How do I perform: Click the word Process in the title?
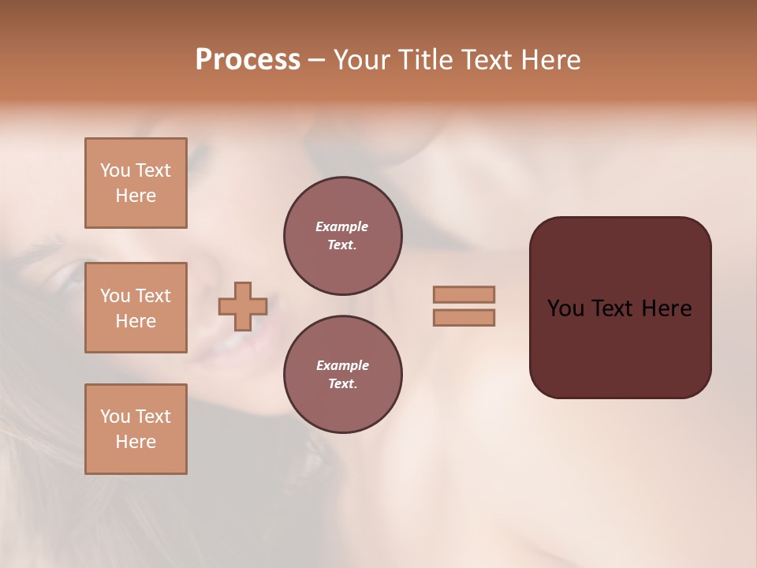point(248,60)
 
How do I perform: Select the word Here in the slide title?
point(550,60)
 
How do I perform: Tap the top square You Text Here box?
point(136,183)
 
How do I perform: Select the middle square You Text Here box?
point(136,308)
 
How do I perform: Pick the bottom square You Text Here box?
point(136,429)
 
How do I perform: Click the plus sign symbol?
point(243,306)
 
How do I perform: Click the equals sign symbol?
point(464,306)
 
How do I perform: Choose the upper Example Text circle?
point(342,236)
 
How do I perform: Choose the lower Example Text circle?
point(342,374)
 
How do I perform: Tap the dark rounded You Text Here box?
point(620,308)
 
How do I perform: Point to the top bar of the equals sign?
point(464,294)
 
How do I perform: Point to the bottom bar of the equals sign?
point(464,317)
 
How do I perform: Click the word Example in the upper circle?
point(342,226)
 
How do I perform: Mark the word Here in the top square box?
point(136,196)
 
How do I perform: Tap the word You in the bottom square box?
point(115,417)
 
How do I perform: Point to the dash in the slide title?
point(316,60)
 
